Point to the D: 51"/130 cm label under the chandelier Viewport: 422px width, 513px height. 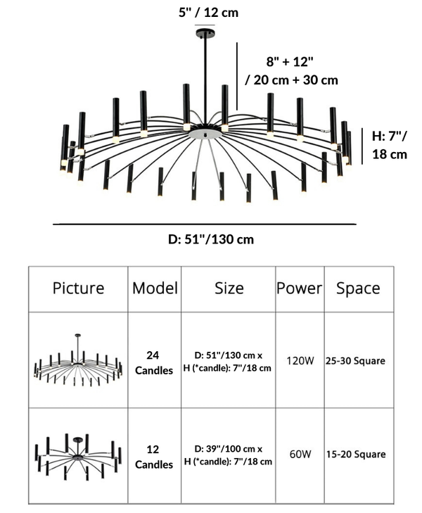(211, 239)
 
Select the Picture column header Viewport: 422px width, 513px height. (78, 288)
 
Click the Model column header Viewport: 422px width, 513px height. (155, 288)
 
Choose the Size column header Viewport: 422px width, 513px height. (229, 288)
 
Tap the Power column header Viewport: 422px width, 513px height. (299, 288)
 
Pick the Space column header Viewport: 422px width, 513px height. (357, 288)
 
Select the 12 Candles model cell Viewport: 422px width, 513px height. (154, 456)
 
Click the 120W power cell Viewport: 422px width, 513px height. (300, 360)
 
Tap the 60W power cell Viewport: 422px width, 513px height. (300, 454)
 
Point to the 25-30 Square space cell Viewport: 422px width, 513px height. (355, 360)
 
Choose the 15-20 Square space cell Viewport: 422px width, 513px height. (355, 454)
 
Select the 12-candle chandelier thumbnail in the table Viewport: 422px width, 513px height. (77, 456)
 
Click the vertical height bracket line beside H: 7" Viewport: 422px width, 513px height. (363, 145)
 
